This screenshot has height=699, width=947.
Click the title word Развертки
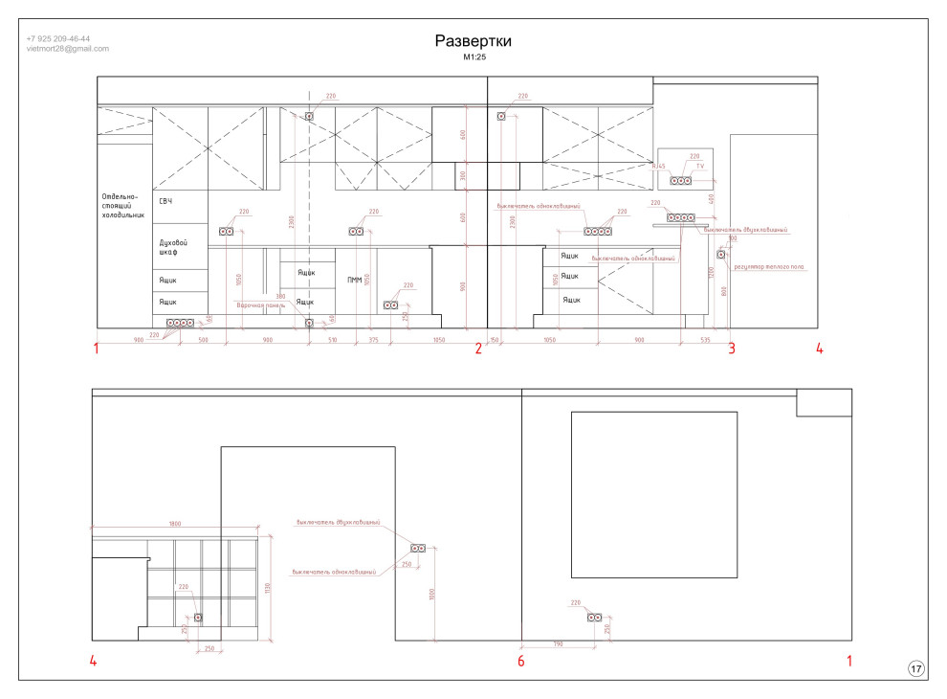pos(473,41)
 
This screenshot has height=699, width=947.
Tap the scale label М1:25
pos(473,57)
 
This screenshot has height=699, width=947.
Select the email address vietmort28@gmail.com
pos(67,48)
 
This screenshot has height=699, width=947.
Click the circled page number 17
pos(915,669)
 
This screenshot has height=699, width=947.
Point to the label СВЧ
pos(165,200)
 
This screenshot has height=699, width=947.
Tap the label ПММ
pos(354,280)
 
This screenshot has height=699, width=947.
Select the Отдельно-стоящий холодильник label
pos(124,207)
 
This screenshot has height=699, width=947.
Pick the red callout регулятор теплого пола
pos(770,267)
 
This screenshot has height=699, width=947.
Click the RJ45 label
pos(658,167)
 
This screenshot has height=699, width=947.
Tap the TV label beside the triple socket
pos(700,167)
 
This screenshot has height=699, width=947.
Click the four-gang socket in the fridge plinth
pos(180,324)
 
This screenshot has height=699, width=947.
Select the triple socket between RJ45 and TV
pos(680,180)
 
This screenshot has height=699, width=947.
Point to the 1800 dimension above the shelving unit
pos(175,524)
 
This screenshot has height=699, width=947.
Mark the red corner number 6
pos(521,661)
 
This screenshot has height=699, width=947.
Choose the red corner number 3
pos(732,349)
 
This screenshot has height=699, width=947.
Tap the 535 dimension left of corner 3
pos(705,340)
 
